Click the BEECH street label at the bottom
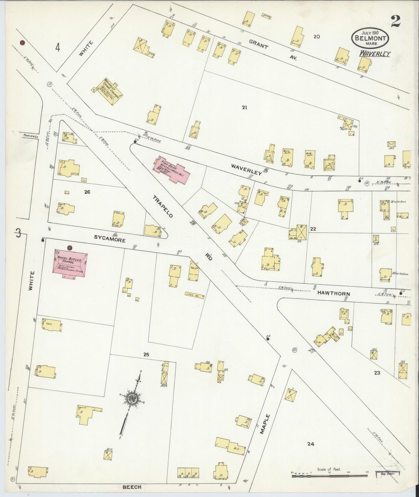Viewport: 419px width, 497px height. (132, 487)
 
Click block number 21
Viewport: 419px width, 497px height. (244, 108)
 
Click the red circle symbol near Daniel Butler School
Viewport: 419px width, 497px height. (70, 248)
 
